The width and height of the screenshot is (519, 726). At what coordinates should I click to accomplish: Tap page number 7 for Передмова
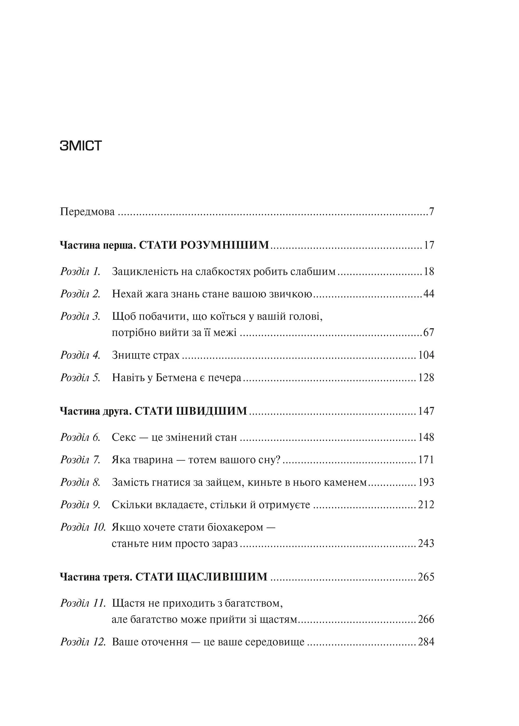(x=431, y=212)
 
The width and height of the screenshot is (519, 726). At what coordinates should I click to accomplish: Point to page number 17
(x=429, y=245)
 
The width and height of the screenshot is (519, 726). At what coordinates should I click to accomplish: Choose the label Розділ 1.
(x=80, y=272)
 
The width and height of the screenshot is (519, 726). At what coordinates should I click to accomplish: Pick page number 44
(x=428, y=294)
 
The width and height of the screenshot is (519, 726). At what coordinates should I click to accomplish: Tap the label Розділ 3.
(x=80, y=316)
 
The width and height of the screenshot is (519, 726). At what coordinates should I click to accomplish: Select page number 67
(x=428, y=333)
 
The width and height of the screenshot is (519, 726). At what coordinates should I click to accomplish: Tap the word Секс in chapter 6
(x=124, y=437)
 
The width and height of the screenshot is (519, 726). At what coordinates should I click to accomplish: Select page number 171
(x=426, y=460)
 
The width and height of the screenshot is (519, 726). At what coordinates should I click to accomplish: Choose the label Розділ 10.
(x=83, y=527)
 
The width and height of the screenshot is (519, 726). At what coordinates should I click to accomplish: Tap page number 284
(x=426, y=642)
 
